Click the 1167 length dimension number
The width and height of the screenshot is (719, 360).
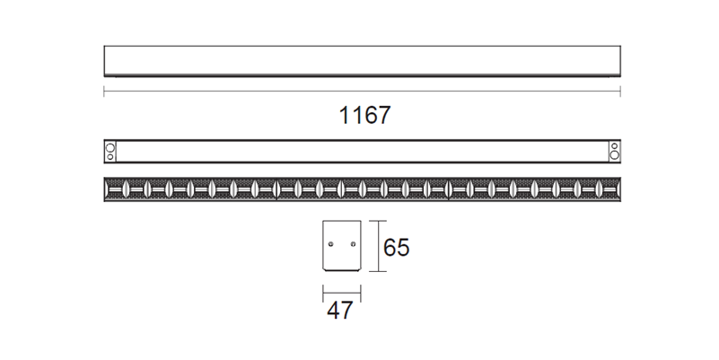click(x=364, y=116)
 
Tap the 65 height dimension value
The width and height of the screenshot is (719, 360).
click(x=396, y=247)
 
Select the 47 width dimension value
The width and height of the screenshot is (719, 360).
click(x=339, y=312)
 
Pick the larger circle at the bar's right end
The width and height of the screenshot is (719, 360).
click(x=615, y=156)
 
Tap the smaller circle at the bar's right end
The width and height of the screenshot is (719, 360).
click(x=615, y=145)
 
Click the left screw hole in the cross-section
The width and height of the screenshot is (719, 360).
click(x=330, y=243)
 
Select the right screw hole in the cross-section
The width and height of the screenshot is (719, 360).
click(x=352, y=243)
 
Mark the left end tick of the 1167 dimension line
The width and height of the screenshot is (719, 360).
click(x=104, y=92)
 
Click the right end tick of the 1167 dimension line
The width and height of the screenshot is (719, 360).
click(x=621, y=92)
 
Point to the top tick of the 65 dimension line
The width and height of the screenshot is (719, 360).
click(x=378, y=221)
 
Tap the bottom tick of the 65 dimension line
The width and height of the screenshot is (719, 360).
click(x=378, y=272)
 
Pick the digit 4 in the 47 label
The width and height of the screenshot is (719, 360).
click(x=333, y=312)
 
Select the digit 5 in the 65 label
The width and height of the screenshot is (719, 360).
click(x=402, y=247)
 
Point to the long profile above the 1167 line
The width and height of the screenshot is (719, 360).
click(x=363, y=60)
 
